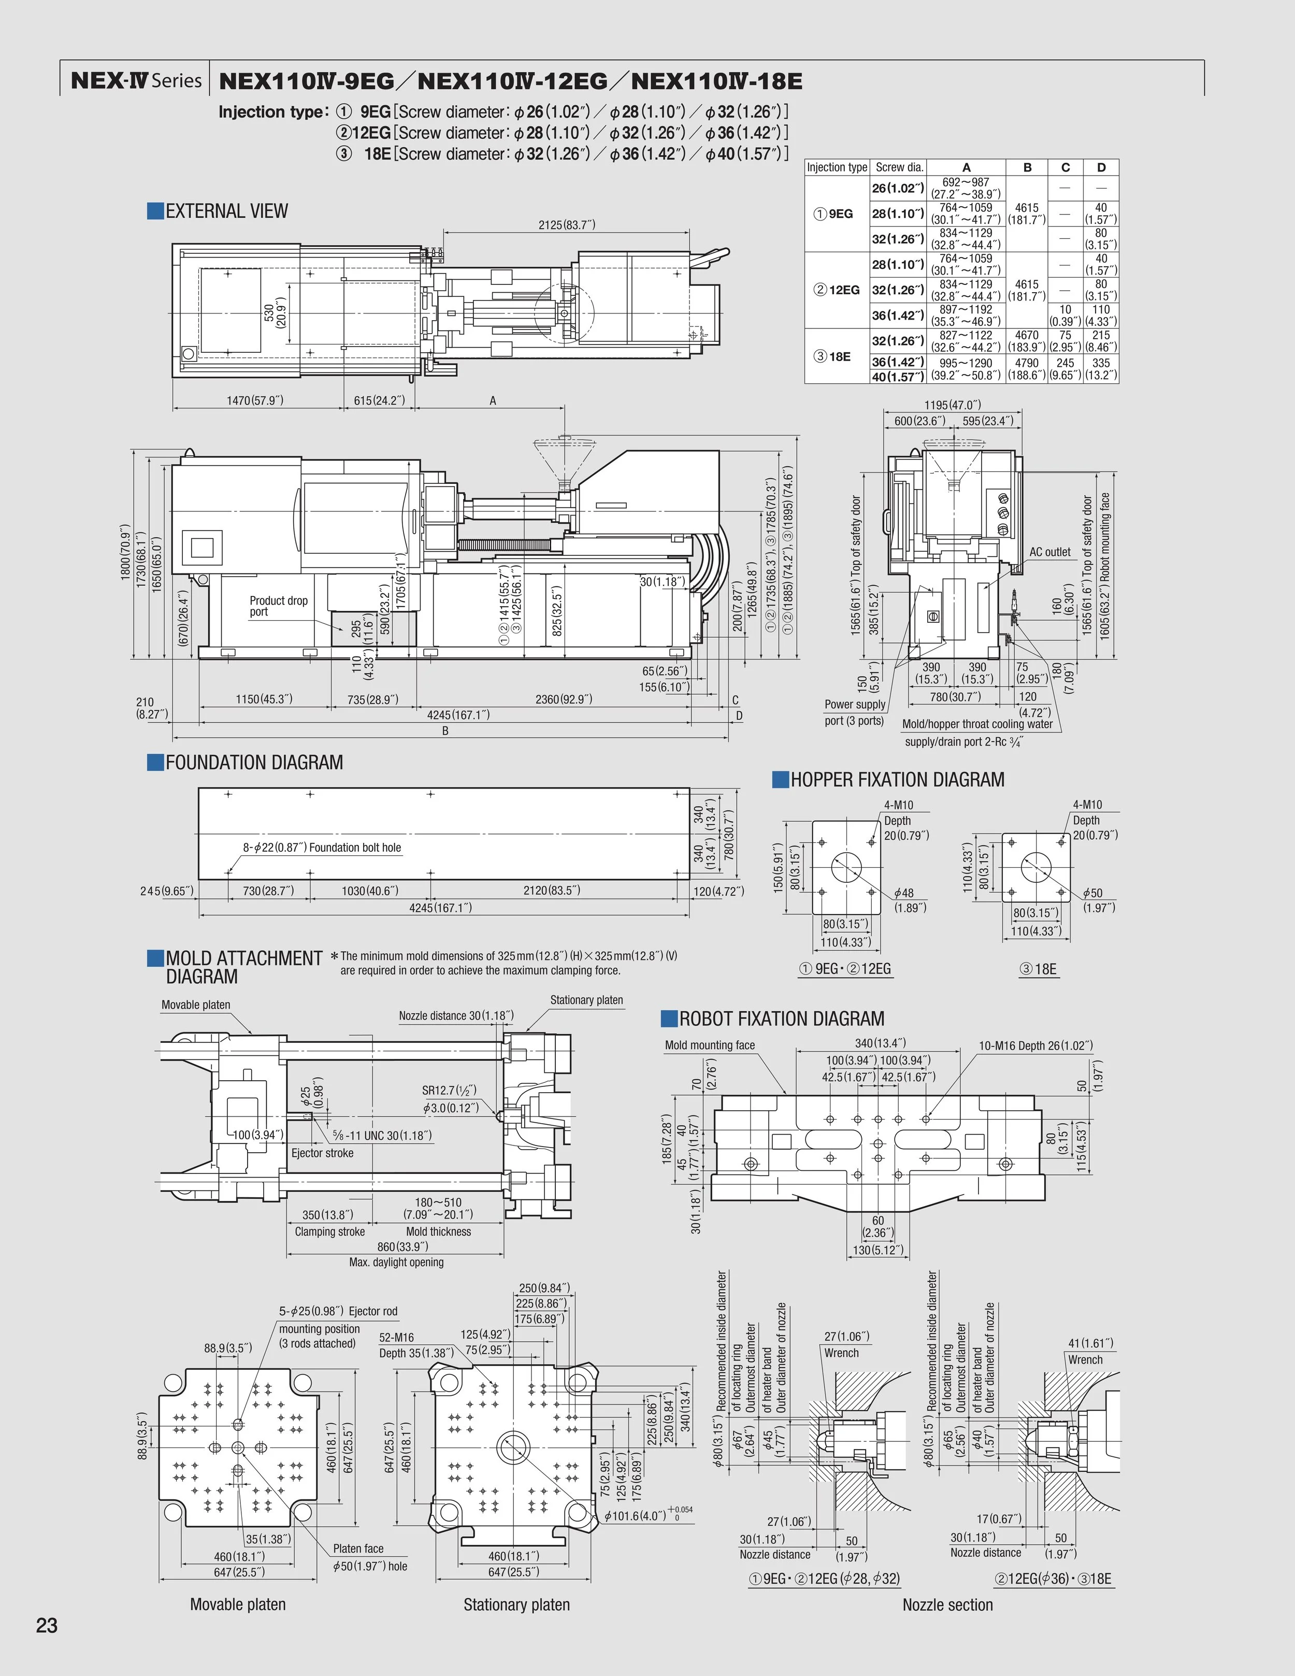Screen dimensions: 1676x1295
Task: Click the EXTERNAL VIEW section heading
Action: [x=226, y=211]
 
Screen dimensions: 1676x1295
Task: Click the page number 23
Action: [x=47, y=1625]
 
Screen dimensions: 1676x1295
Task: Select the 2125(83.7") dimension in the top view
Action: [x=566, y=224]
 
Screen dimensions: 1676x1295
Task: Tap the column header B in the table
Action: [x=1027, y=167]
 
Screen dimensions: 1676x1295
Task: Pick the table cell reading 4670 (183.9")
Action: [x=1027, y=341]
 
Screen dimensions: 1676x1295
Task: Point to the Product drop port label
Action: [x=278, y=606]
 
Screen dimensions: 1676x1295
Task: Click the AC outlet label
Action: [x=1049, y=552]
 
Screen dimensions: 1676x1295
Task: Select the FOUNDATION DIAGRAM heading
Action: [x=254, y=763]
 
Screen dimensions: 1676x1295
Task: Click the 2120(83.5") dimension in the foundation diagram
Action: [x=552, y=890]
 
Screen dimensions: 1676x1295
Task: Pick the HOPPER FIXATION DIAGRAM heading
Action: [x=897, y=780]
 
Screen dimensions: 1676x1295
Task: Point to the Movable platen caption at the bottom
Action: [x=238, y=1604]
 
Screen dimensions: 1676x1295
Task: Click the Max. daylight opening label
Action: [x=396, y=1262]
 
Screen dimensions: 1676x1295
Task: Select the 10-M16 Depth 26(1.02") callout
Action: [x=1035, y=1045]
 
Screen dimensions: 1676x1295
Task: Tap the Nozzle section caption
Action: [x=947, y=1604]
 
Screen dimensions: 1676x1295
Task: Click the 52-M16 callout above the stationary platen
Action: [x=397, y=1337]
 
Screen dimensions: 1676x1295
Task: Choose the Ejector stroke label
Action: [x=322, y=1153]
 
